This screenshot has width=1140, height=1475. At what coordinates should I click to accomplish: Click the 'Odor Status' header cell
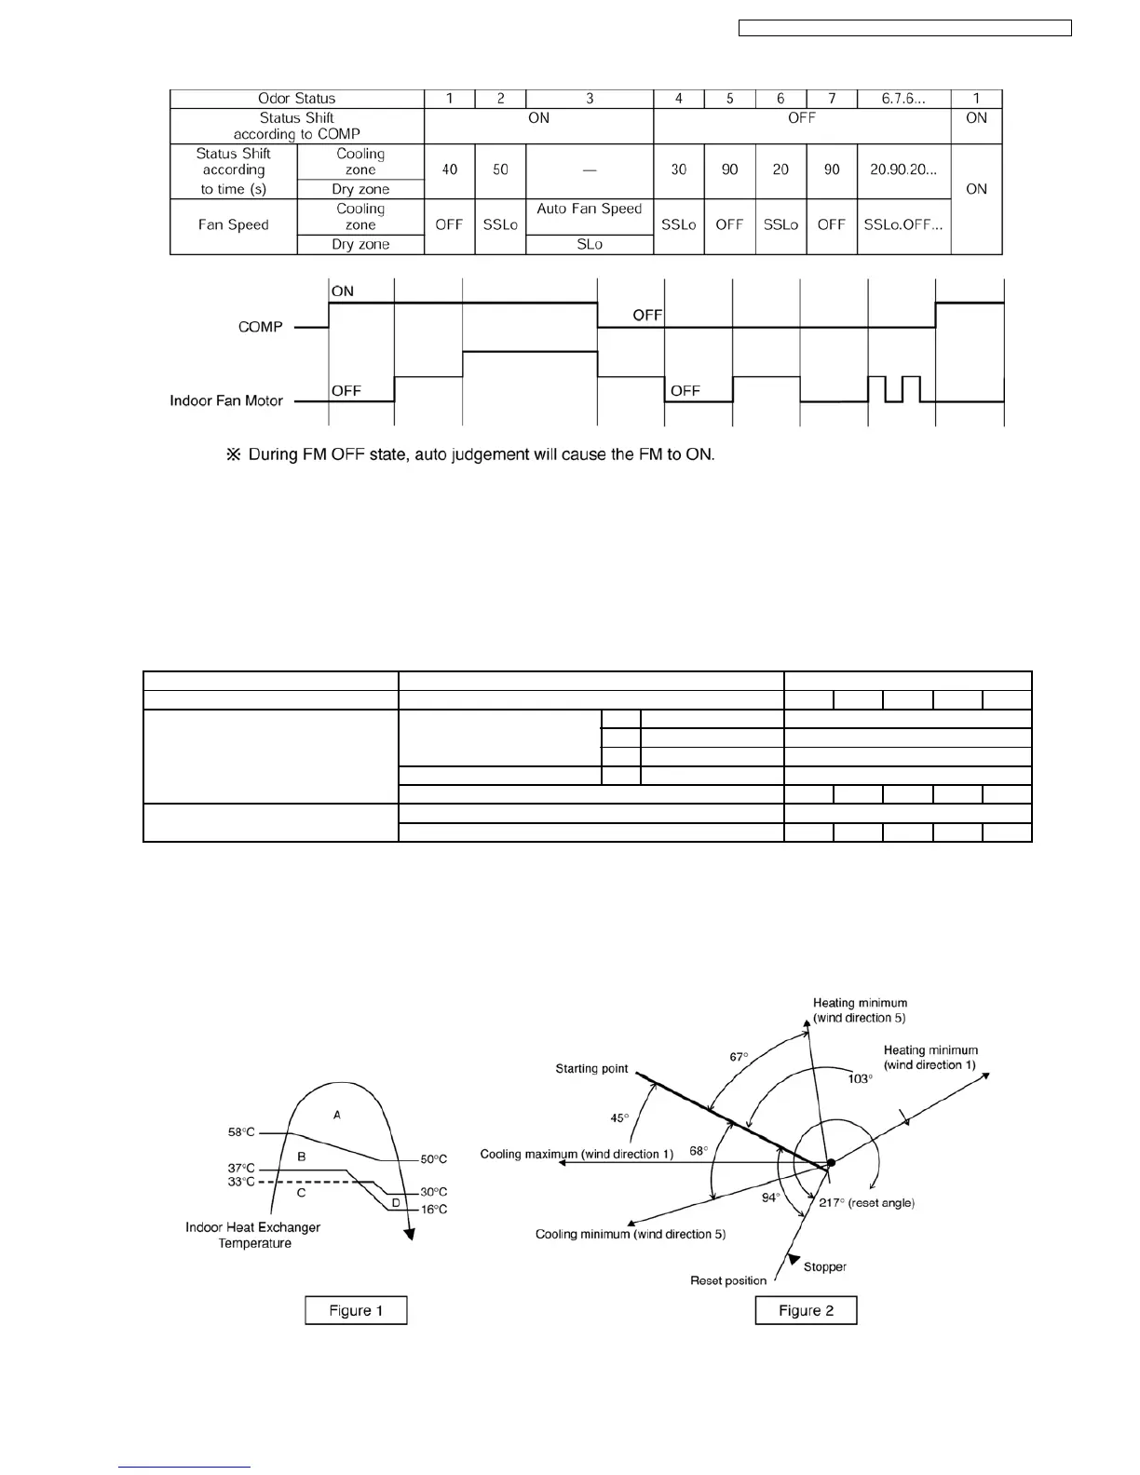pos(296,99)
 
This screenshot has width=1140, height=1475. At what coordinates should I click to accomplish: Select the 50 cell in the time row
pos(500,169)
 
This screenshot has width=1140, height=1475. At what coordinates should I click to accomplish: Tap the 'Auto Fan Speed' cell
pos(590,209)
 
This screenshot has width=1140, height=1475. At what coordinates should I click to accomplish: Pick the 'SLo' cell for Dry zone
pos(590,244)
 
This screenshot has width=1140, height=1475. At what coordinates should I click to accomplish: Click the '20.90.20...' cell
pos(902,169)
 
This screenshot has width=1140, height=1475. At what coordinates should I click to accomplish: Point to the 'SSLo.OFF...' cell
pos(902,224)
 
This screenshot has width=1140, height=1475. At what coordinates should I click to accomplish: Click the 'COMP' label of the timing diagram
pos(260,327)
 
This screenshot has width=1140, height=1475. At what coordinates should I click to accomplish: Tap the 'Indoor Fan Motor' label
pos(226,400)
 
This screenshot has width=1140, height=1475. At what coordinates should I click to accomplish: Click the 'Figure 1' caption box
pos(356,1310)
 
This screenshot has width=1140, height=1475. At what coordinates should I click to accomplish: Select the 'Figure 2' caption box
pos(806,1310)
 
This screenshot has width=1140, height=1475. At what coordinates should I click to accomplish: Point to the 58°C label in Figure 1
pos(241,1133)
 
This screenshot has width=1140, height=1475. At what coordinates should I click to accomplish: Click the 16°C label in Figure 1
pos(433,1210)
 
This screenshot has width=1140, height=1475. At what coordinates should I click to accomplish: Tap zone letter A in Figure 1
pos(336,1115)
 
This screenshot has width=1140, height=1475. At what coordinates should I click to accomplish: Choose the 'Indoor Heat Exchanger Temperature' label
pos(253,1235)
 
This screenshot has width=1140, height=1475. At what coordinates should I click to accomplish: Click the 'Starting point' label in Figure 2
pos(591,1069)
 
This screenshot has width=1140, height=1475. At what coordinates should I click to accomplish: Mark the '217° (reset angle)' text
pos(866,1203)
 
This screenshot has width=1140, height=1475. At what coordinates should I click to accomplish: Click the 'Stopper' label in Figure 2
pos(824,1267)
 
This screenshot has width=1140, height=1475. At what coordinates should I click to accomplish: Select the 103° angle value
pos(860,1078)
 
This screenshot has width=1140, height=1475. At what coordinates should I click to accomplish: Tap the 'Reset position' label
pos(728,1281)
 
